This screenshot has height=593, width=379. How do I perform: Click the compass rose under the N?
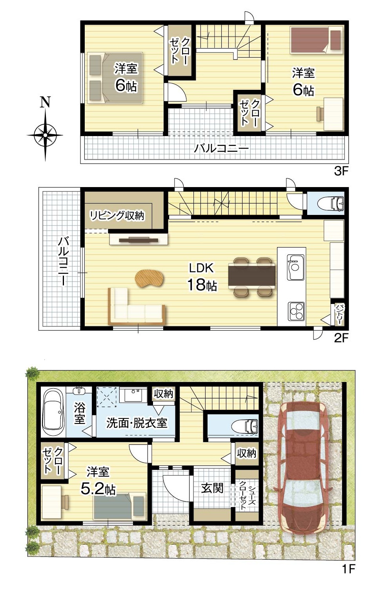click(45, 135)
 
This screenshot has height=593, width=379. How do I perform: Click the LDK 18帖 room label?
click(202, 277)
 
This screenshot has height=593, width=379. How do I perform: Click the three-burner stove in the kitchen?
click(296, 311)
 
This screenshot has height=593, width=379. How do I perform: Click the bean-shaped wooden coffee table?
click(149, 278)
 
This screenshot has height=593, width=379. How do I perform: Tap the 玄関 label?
click(212, 487)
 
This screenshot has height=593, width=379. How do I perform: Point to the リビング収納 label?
click(117, 215)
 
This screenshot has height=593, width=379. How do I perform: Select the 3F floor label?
click(341, 171)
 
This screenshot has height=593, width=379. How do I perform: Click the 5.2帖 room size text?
click(98, 490)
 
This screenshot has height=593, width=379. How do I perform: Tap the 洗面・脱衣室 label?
click(137, 423)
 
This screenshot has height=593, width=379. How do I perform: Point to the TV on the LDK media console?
click(138, 240)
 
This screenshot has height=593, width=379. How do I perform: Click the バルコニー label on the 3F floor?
click(221, 149)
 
